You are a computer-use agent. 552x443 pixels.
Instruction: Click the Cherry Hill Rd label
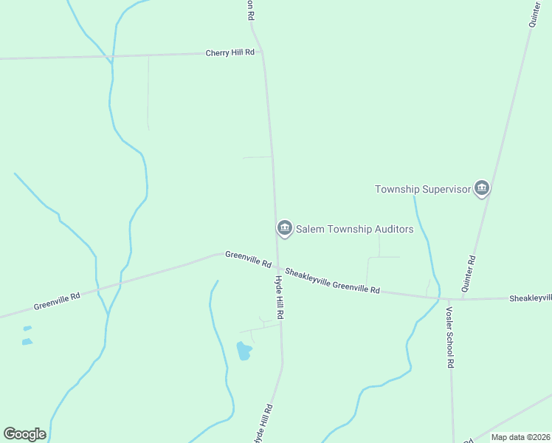pyautogui.click(x=230, y=52)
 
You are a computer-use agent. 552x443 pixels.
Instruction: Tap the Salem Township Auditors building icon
pyautogui.click(x=284, y=229)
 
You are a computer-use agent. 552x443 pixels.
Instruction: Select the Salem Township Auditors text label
pyautogui.click(x=354, y=229)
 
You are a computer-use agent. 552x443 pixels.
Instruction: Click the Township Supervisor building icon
pyautogui.click(x=482, y=189)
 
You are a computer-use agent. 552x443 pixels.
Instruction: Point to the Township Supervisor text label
pyautogui.click(x=422, y=189)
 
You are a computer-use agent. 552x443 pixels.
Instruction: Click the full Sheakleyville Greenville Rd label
pyautogui.click(x=332, y=281)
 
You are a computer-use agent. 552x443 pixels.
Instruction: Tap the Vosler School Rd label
pyautogui.click(x=449, y=337)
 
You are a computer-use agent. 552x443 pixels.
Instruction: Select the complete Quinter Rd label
pyautogui.click(x=469, y=274)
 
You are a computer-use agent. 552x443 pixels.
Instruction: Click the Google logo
pyautogui.click(x=24, y=434)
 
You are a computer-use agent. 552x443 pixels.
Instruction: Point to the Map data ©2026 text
pyautogui.click(x=521, y=437)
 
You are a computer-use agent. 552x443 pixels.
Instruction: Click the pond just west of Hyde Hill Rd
pyautogui.click(x=244, y=351)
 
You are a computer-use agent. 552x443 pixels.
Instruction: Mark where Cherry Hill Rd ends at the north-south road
pyautogui.click(x=265, y=52)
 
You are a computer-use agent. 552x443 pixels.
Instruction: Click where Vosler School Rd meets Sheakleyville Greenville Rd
pyautogui.click(x=449, y=299)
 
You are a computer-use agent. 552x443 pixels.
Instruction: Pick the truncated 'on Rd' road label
pyautogui.click(x=250, y=10)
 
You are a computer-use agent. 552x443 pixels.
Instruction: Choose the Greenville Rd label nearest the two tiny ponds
pyautogui.click(x=57, y=301)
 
